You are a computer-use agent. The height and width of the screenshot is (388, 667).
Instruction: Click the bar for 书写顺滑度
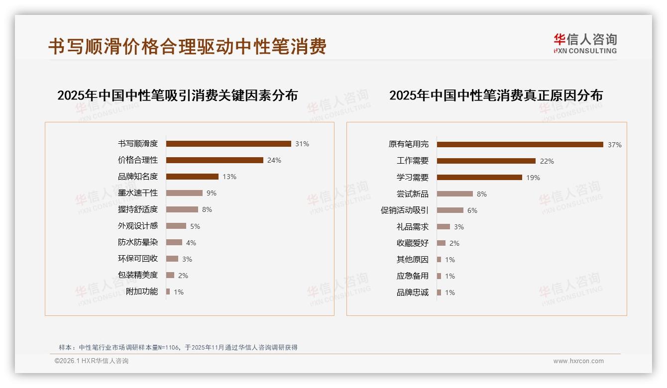pyautogui.click(x=228, y=144)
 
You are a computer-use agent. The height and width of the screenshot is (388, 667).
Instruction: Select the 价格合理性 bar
pyautogui.click(x=215, y=160)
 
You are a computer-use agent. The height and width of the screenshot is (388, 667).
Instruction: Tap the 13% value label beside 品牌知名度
pyautogui.click(x=229, y=177)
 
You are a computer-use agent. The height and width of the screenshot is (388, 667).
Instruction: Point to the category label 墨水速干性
pyautogui.click(x=138, y=193)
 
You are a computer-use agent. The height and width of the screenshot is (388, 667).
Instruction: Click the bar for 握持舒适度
pyautogui.click(x=182, y=209)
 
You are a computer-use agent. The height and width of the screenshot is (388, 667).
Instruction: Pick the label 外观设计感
pyautogui.click(x=138, y=226)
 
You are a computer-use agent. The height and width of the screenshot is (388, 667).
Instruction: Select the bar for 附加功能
pyautogui.click(x=168, y=291)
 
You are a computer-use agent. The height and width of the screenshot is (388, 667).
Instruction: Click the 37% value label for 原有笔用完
pyautogui.click(x=614, y=145)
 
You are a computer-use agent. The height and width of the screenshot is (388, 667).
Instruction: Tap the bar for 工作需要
pyautogui.click(x=486, y=161)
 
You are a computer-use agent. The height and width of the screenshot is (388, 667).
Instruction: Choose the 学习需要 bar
pyautogui.click(x=479, y=177)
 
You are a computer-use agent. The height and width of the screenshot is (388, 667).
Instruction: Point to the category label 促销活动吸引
pyautogui.click(x=405, y=210)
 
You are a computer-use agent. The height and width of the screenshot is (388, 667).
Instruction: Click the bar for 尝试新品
pyautogui.click(x=455, y=194)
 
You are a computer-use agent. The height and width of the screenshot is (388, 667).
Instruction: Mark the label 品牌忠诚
pyautogui.click(x=413, y=292)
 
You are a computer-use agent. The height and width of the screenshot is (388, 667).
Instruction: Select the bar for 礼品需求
pyautogui.click(x=444, y=226)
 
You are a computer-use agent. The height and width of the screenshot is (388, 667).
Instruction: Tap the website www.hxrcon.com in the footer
pyautogui.click(x=578, y=361)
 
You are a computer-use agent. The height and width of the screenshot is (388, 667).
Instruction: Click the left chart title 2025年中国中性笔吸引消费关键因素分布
pyautogui.click(x=177, y=96)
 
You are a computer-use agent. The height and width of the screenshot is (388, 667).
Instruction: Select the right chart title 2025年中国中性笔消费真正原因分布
pyautogui.click(x=496, y=96)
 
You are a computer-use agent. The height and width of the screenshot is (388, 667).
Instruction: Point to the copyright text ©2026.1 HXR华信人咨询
pyautogui.click(x=92, y=361)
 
